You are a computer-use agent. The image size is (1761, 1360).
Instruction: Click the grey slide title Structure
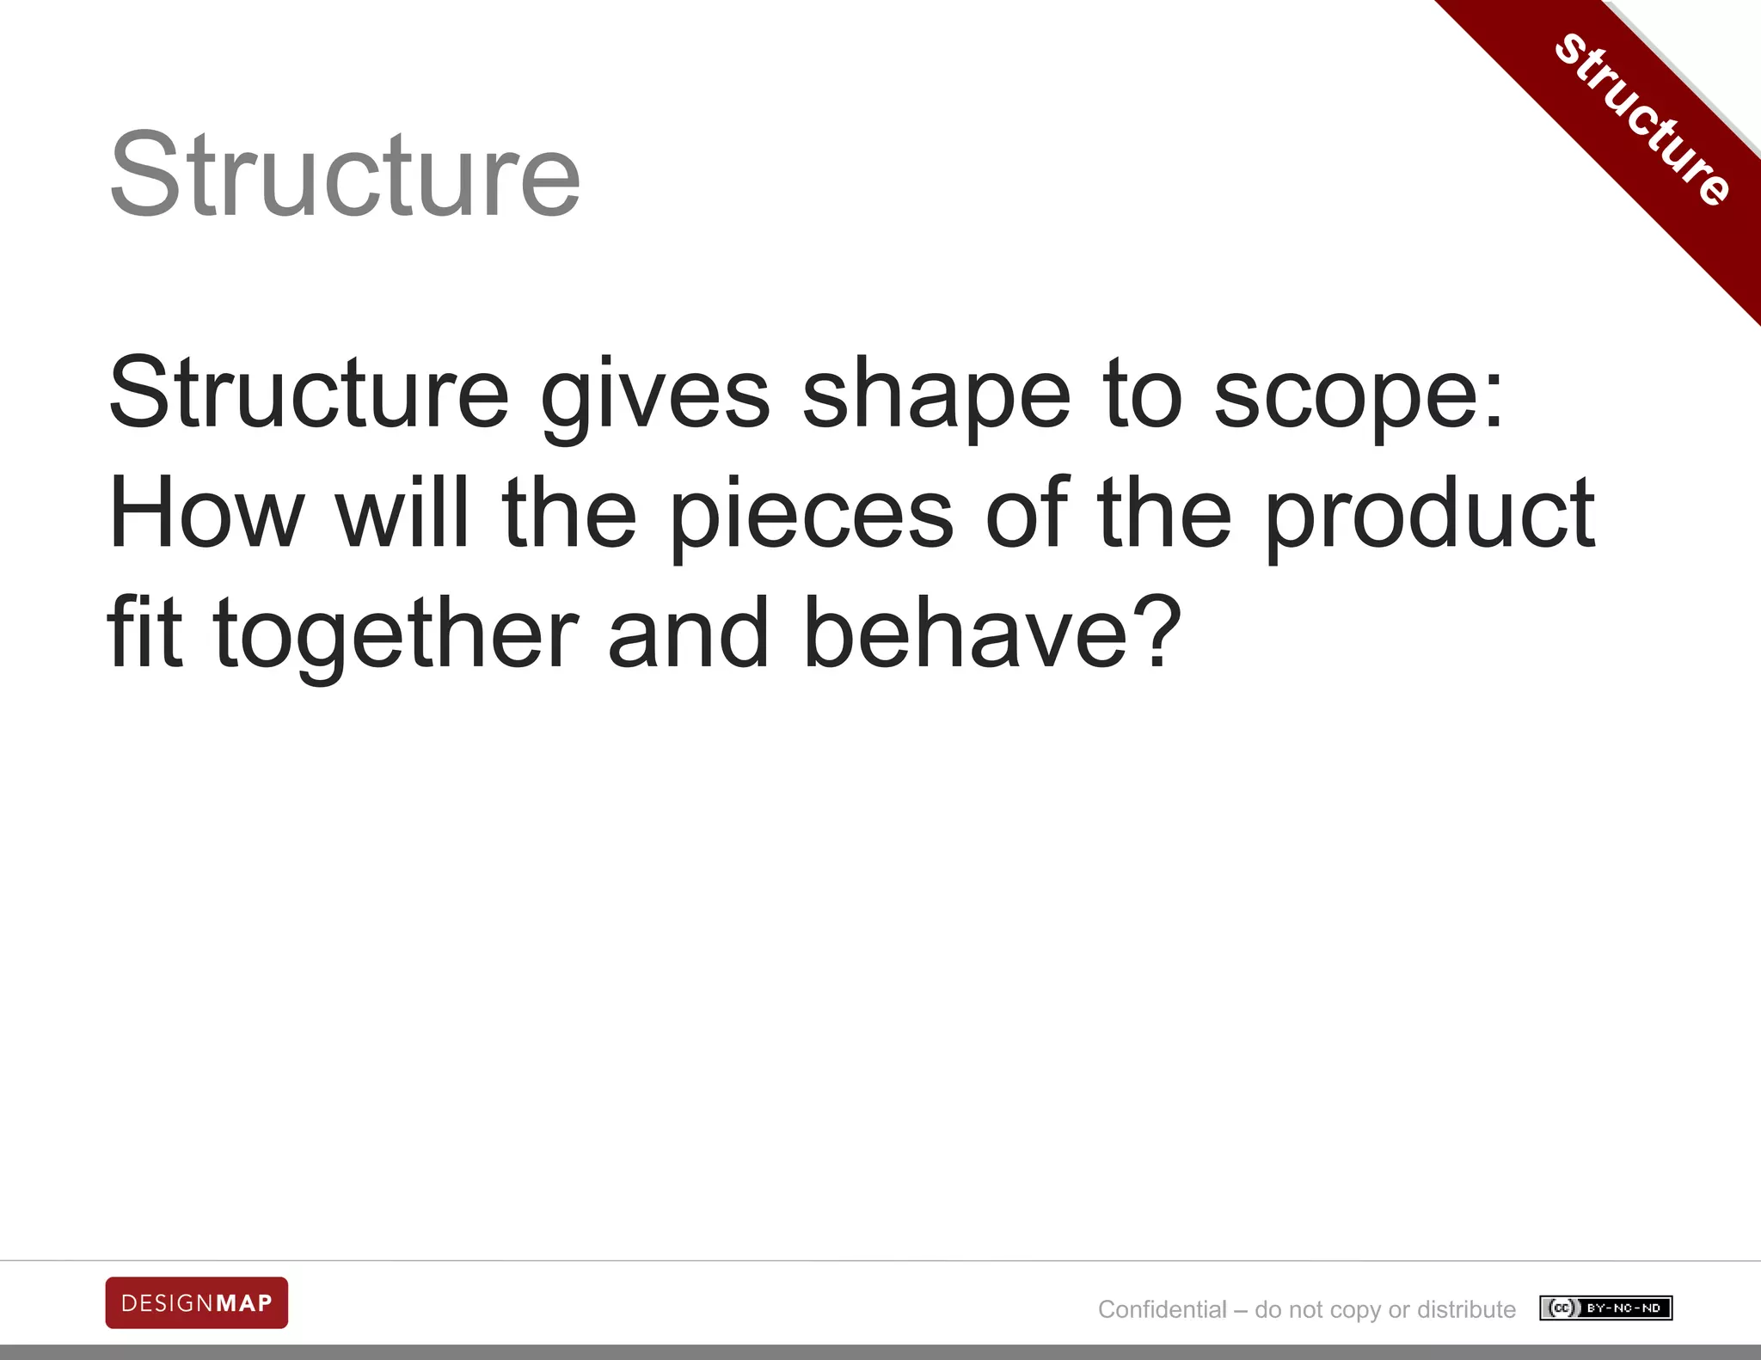click(346, 175)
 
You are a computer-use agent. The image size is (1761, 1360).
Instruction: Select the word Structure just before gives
click(310, 394)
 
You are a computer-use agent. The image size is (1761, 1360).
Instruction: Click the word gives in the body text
click(655, 395)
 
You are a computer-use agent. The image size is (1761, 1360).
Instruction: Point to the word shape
click(936, 395)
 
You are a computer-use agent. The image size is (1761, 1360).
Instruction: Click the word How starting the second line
click(206, 513)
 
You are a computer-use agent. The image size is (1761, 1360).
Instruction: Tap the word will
click(402, 513)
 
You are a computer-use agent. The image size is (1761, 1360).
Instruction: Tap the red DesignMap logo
click(197, 1303)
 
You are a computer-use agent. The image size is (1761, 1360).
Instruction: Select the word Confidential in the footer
click(1163, 1309)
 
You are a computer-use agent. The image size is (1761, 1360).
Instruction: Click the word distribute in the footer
click(1466, 1309)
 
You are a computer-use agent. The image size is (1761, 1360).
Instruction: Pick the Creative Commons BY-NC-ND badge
click(1605, 1308)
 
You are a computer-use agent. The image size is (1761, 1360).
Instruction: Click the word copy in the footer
click(1354, 1310)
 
